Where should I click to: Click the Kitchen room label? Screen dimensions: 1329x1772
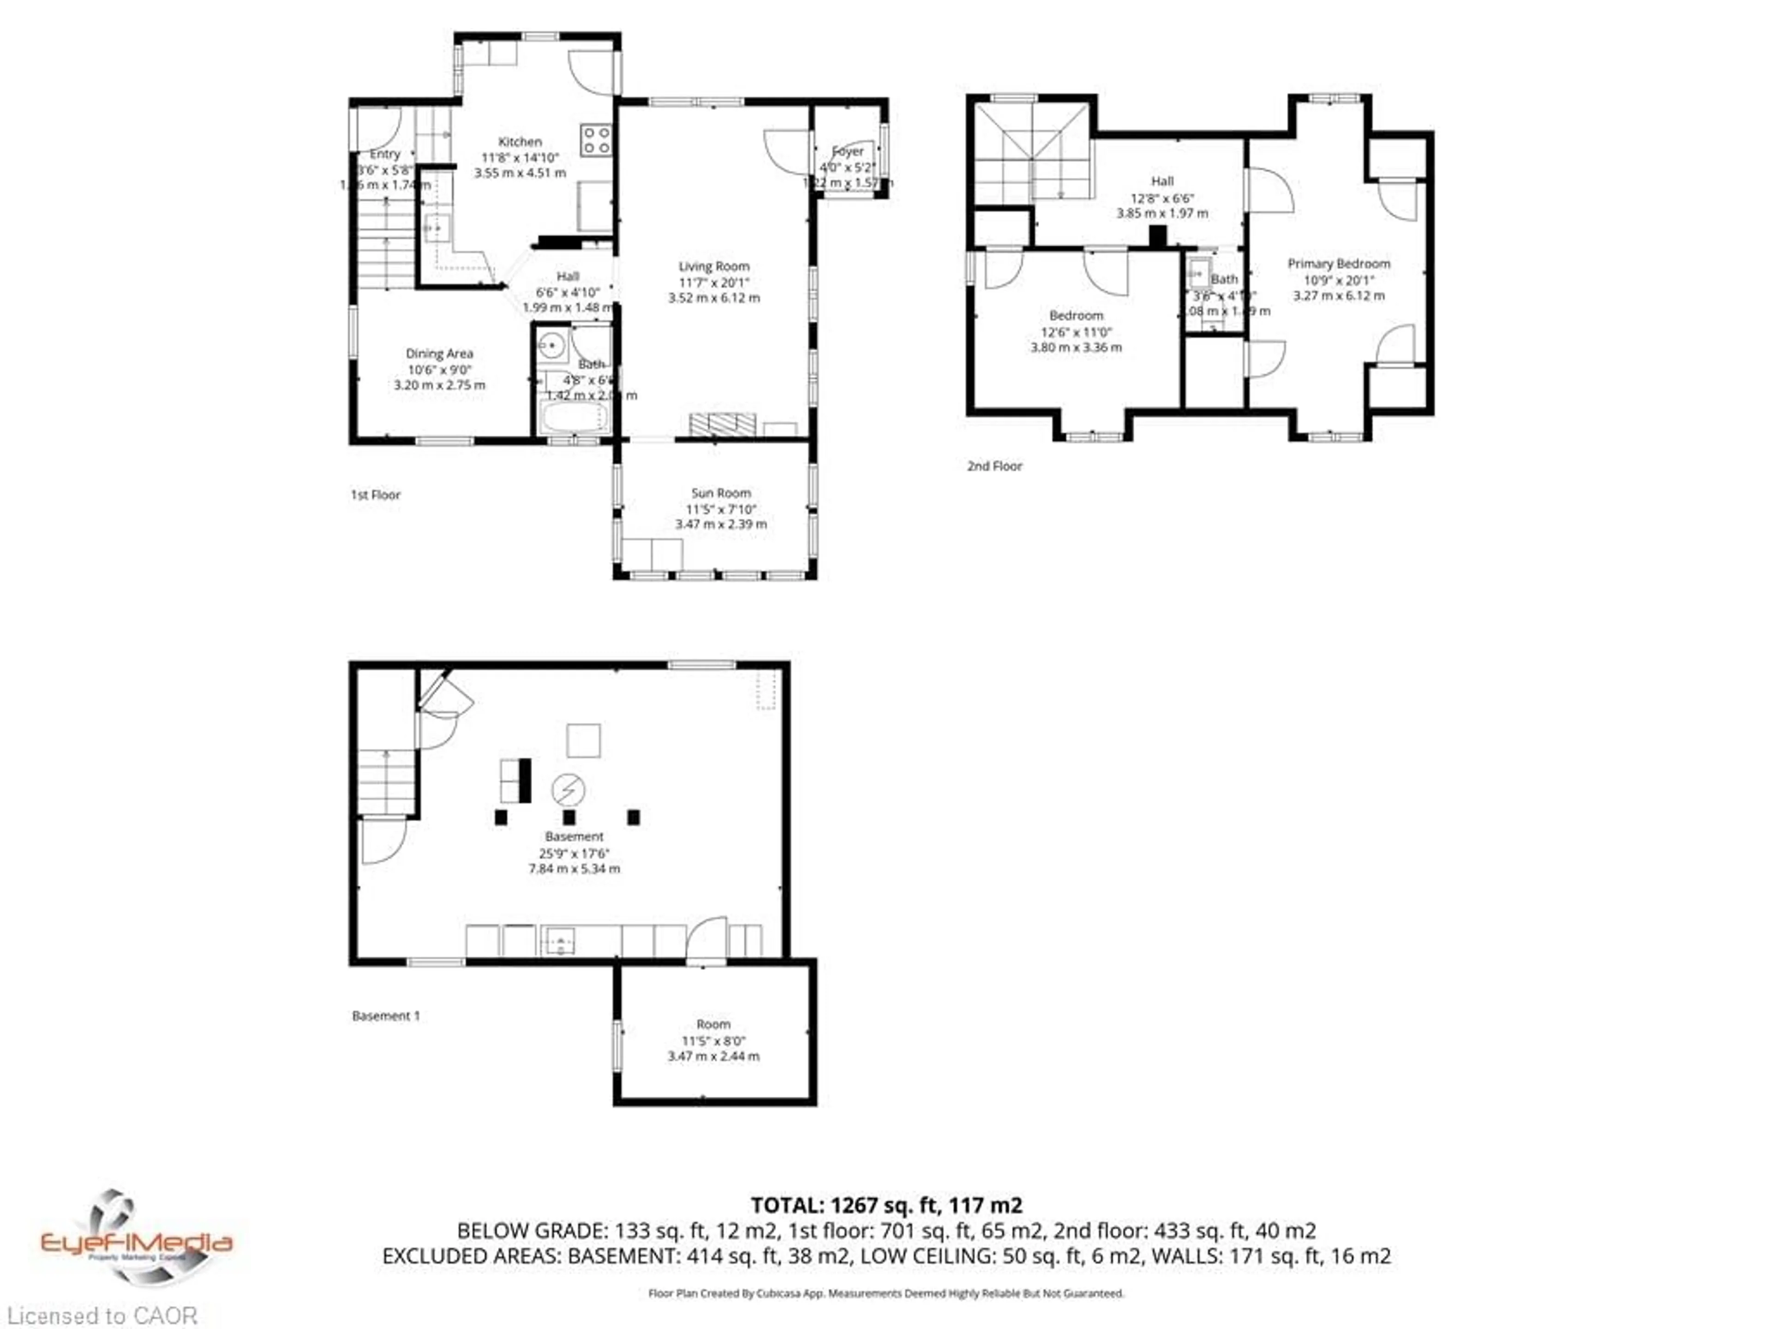520,142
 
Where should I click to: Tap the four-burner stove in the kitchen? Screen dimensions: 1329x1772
596,140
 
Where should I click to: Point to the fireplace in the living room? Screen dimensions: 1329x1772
723,425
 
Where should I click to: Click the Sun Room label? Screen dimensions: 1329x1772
721,493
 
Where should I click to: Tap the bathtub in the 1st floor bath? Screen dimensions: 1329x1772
574,417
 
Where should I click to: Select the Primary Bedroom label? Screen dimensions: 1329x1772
1339,263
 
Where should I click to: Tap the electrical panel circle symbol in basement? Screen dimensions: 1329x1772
568,790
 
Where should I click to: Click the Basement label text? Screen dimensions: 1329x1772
574,836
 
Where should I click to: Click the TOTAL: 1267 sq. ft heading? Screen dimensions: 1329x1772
886,1205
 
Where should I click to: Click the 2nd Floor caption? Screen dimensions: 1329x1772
994,466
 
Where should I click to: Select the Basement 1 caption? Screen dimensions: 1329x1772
385,1016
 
